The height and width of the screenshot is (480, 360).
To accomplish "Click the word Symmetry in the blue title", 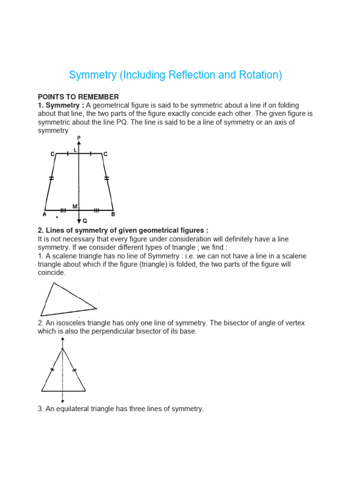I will tap(92, 75).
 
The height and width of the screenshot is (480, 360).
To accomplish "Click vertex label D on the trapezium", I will tap(52, 154).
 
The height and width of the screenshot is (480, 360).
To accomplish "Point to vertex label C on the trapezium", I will tap(105, 154).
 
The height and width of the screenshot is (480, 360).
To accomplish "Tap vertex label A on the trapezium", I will tap(44, 214).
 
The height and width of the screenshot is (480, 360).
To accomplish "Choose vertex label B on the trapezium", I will tap(113, 214).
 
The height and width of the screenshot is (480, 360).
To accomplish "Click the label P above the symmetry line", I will tap(79, 137).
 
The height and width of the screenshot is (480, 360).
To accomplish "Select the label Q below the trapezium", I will tap(84, 220).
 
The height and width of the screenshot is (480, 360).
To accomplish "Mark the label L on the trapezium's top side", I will tap(75, 149).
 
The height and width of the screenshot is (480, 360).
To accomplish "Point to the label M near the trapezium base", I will tap(75, 206).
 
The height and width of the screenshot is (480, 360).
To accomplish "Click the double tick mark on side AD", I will tap(51, 178).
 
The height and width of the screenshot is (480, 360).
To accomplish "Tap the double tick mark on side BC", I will tap(106, 178).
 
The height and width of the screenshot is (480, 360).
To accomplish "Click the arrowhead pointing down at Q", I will tap(79, 220).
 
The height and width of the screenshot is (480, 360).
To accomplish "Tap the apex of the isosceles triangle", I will tap(62, 348).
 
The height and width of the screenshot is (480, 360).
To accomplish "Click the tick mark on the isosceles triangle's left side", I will tap(52, 370).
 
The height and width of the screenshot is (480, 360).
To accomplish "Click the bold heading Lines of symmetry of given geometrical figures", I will tap(123, 230).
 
